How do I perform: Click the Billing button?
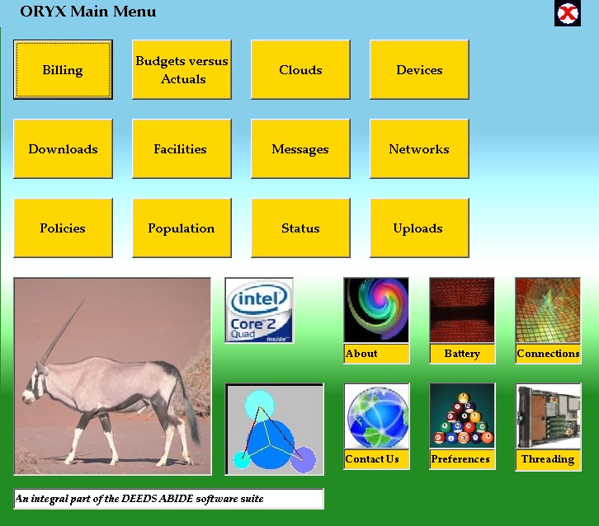point(63,69)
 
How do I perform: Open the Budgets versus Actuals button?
point(182,69)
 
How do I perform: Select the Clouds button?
point(300,69)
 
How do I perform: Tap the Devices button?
point(419,69)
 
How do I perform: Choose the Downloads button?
point(63,148)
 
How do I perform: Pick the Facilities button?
point(182,148)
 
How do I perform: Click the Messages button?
point(300,148)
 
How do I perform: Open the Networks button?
point(419,148)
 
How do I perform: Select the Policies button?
point(63,228)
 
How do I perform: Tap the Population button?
point(182,228)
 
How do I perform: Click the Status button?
point(300,228)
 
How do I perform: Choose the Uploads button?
point(419,228)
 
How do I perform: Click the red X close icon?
point(568,14)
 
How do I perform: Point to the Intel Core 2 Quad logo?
point(259,310)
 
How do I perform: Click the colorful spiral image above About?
point(376,310)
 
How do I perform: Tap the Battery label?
point(462,354)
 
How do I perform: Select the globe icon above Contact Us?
point(377,416)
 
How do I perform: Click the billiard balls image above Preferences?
point(462,416)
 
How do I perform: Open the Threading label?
point(548,459)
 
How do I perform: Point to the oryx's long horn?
point(62,330)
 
